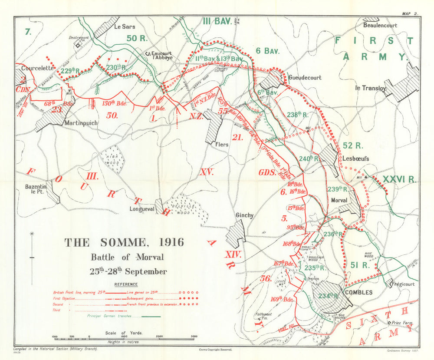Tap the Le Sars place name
pos(123,26)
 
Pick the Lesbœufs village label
pos(355,159)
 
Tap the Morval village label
pos(339,201)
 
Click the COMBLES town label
pos(359,292)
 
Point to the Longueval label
pos(142,209)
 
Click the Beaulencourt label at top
pos(381,26)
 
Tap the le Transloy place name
pos(370,88)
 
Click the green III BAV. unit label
pos(216,21)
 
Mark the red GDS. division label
pos(267,172)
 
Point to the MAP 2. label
pos(410,14)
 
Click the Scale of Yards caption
pos(124,333)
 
